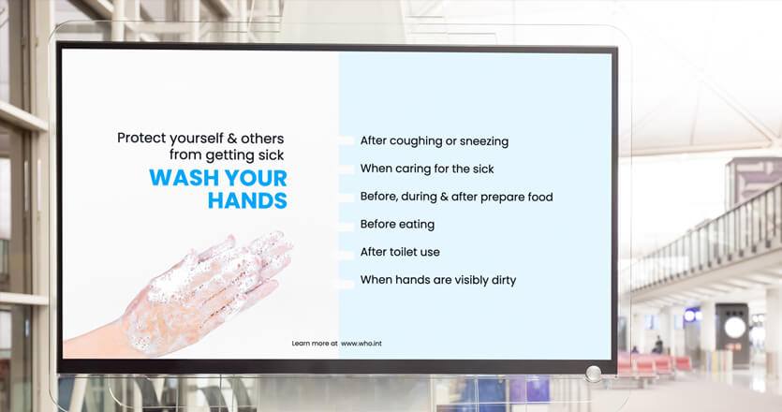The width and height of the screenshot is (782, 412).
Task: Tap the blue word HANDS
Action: pyautogui.click(x=247, y=200)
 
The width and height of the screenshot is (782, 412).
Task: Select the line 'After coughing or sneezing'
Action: pyautogui.click(x=435, y=141)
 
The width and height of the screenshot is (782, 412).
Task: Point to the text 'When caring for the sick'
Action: pyautogui.click(x=427, y=169)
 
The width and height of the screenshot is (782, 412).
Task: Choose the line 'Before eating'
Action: pyautogui.click(x=397, y=225)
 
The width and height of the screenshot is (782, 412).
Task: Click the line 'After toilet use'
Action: pyautogui.click(x=400, y=252)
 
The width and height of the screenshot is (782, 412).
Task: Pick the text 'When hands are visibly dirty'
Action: pyautogui.click(x=438, y=280)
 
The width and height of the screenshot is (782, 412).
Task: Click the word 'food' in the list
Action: pyautogui.click(x=540, y=197)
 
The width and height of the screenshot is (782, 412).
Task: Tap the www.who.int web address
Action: pyautogui.click(x=361, y=343)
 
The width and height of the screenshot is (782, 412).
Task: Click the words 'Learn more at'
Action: pyautogui.click(x=315, y=343)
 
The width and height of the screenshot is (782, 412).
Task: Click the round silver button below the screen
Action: pyautogui.click(x=594, y=374)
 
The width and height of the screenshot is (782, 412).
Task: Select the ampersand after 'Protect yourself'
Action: pyautogui.click(x=232, y=139)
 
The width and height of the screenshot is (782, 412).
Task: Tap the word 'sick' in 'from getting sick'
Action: pyautogui.click(x=272, y=155)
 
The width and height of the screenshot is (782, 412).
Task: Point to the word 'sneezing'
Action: pyautogui.click(x=484, y=141)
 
